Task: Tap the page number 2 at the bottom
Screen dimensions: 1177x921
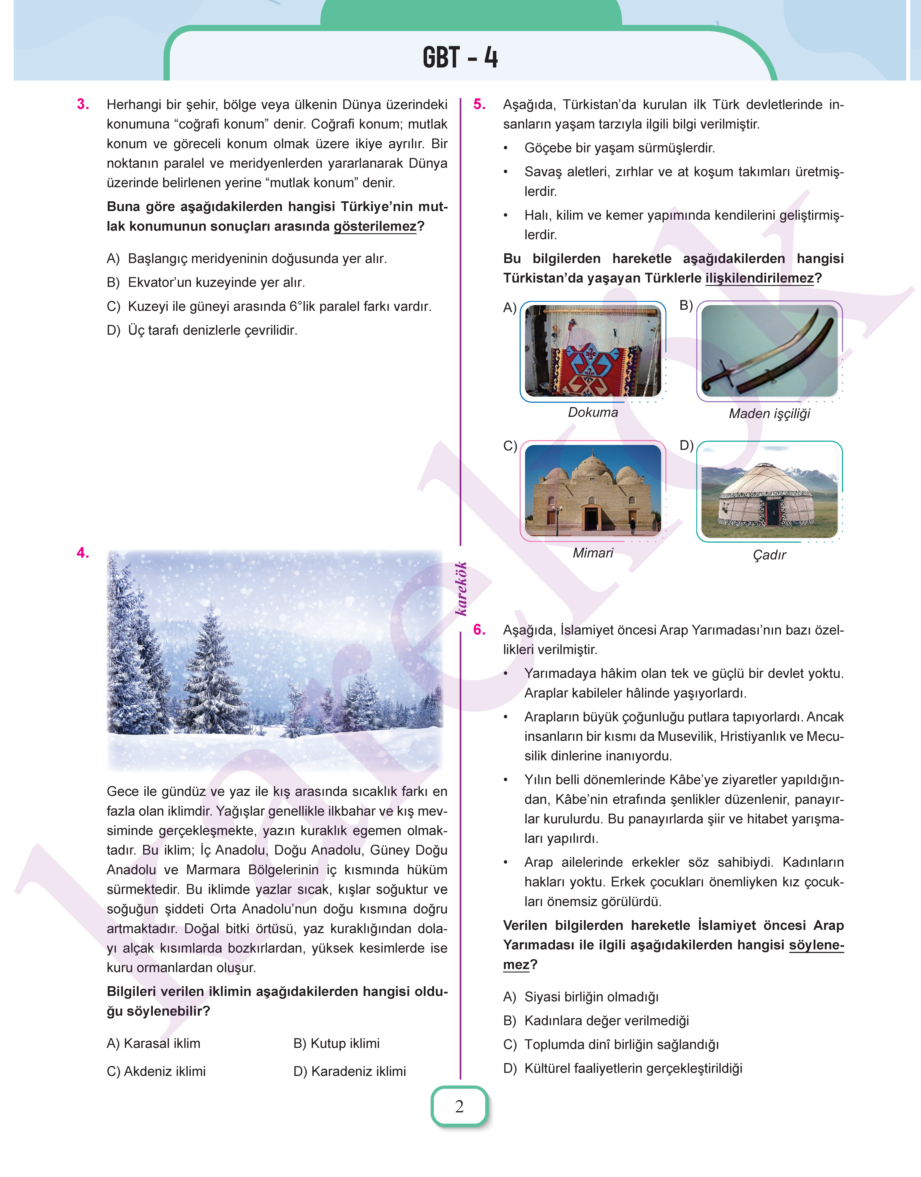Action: tap(460, 1106)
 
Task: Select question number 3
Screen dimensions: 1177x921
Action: tap(83, 104)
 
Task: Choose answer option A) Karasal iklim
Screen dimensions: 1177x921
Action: tap(154, 1043)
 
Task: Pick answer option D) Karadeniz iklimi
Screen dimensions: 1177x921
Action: tap(349, 1071)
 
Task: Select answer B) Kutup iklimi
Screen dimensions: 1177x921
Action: tap(336, 1043)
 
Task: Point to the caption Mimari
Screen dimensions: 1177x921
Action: tap(593, 553)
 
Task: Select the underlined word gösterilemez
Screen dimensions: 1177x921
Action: tap(375, 227)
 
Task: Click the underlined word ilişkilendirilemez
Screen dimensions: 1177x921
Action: tap(759, 278)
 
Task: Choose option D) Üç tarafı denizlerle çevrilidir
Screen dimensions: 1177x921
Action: tap(202, 330)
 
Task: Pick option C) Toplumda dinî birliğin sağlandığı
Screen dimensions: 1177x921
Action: tap(611, 1044)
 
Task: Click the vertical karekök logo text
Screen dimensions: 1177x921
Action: tap(461, 588)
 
